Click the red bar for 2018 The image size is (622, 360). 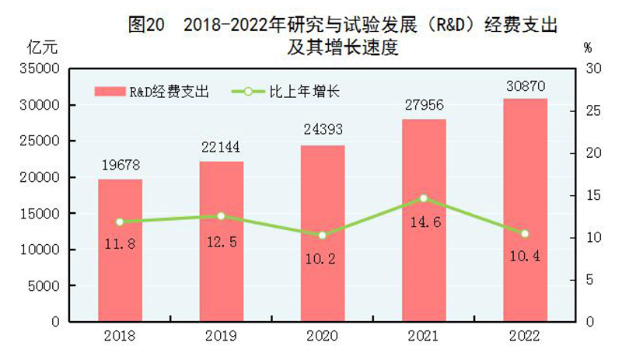pyautogui.click(x=120, y=249)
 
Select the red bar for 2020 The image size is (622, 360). pyautogui.click(x=323, y=233)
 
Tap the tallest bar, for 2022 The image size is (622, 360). pyautogui.click(x=525, y=210)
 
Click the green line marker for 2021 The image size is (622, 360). pyautogui.click(x=423, y=198)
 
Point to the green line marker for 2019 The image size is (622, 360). pyautogui.click(x=221, y=215)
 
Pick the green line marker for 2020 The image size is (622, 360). pyautogui.click(x=323, y=235)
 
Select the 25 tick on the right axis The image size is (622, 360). pyautogui.click(x=593, y=111)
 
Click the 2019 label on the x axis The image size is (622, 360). pyautogui.click(x=221, y=337)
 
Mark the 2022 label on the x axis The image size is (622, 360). pyautogui.click(x=525, y=337)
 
